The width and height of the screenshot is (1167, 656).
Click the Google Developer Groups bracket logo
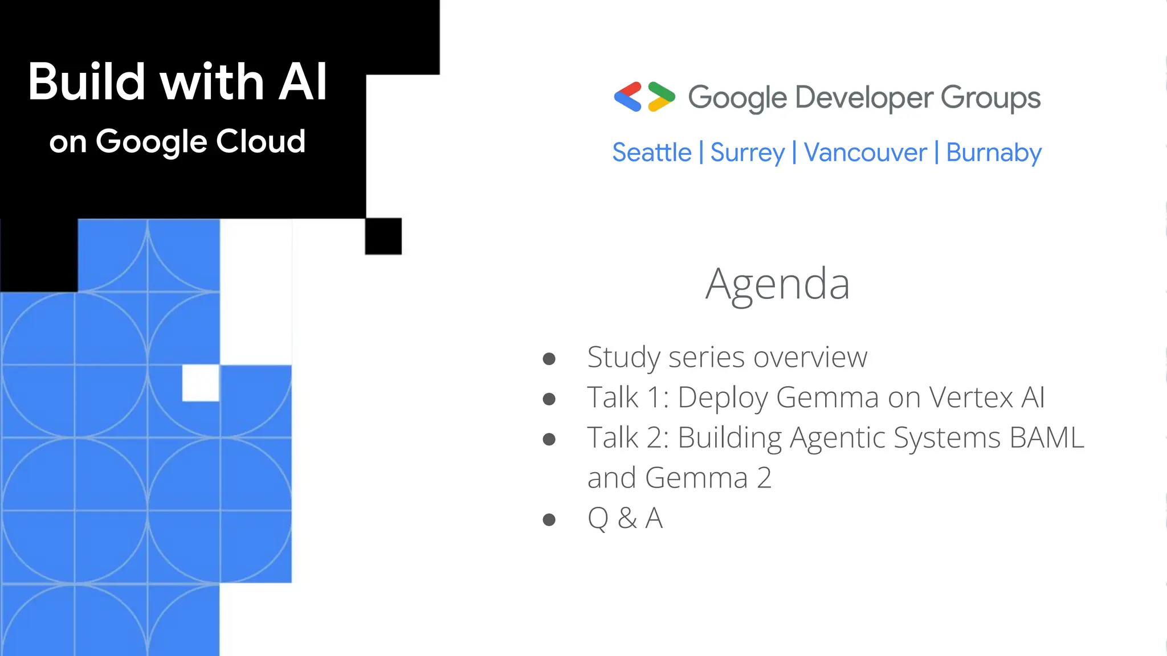pyautogui.click(x=644, y=97)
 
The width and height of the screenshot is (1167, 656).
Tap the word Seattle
pyautogui.click(x=652, y=153)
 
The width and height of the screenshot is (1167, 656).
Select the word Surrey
pyautogui.click(x=747, y=153)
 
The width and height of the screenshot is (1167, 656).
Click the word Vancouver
pyautogui.click(x=865, y=153)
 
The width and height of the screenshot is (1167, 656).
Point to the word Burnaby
pyautogui.click(x=994, y=153)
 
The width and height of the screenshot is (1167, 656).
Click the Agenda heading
pyautogui.click(x=777, y=284)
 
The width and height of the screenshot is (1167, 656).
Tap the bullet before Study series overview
pyautogui.click(x=549, y=359)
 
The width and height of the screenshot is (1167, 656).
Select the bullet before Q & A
pyautogui.click(x=549, y=519)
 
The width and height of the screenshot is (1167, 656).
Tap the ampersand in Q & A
pyautogui.click(x=627, y=518)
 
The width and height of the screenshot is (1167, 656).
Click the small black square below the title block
pyautogui.click(x=383, y=236)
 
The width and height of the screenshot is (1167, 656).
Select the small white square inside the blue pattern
pyautogui.click(x=201, y=383)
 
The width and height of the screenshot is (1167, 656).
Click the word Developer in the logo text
pyautogui.click(x=864, y=98)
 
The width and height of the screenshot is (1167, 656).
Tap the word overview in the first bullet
pyautogui.click(x=810, y=358)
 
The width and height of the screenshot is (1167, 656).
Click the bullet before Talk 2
pyautogui.click(x=549, y=439)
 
